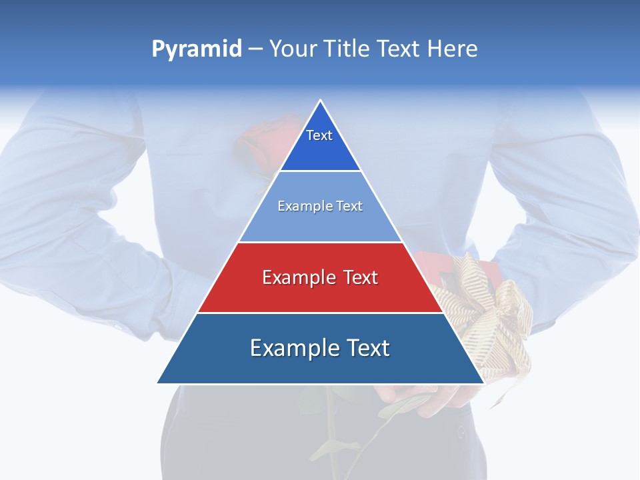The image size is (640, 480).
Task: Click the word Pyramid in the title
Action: tap(196, 49)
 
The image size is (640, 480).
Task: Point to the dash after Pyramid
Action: tap(255, 49)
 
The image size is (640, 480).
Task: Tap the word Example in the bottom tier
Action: tap(287, 348)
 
